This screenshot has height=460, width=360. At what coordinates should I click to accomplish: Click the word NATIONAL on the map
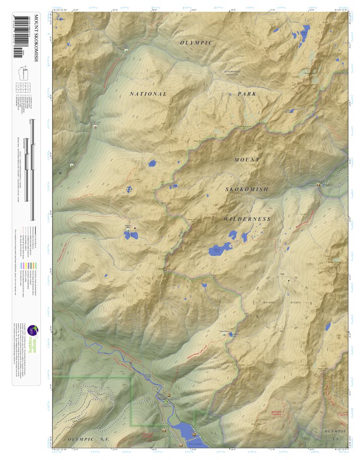148,94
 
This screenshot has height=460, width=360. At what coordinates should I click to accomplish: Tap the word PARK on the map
247,94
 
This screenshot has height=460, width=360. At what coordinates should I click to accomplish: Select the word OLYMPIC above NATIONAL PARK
197,43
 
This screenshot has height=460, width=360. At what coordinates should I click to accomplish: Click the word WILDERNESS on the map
248,219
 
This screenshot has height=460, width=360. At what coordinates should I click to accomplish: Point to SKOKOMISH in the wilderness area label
247,189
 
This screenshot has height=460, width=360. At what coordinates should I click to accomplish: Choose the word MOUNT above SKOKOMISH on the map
247,160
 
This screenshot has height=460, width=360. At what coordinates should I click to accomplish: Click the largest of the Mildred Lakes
220,249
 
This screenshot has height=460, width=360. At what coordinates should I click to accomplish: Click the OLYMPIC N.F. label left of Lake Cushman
88,440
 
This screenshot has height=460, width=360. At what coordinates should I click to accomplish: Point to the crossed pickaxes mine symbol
60,173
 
